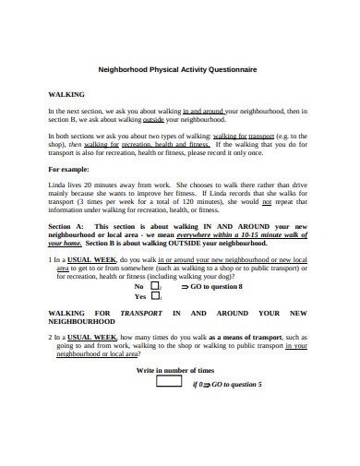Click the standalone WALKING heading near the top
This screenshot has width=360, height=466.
coord(66,94)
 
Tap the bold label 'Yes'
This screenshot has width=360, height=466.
coord(140,296)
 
